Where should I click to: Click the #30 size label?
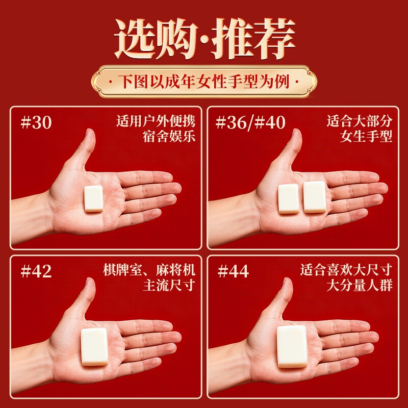tap(36, 122)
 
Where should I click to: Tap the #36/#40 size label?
tap(250, 122)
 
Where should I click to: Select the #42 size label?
tap(36, 271)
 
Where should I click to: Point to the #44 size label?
tap(233, 271)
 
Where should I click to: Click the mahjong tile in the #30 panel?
tap(94, 198)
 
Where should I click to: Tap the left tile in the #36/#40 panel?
tap(288, 199)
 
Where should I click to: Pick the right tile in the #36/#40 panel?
tap(315, 197)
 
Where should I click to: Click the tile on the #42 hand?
tap(94, 347)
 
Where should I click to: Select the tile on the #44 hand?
tap(291, 347)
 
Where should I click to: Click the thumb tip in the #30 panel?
tap(90, 132)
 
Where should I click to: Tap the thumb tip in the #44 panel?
tap(287, 281)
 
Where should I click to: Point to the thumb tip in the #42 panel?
tap(90, 281)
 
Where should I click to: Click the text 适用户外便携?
tap(156, 121)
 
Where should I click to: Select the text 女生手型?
tap(366, 136)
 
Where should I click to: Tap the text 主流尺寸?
tap(169, 285)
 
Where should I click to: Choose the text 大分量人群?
tap(360, 285)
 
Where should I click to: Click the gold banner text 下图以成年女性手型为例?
tap(203, 82)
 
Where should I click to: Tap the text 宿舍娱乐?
tap(169, 136)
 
